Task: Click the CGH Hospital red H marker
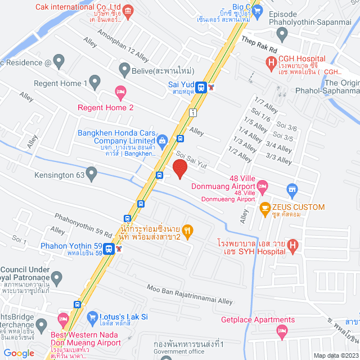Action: click(272, 62)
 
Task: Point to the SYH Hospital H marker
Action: click(292, 245)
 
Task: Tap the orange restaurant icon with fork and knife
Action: click(188, 229)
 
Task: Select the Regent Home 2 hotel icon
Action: click(120, 91)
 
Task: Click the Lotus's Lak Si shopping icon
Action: click(93, 317)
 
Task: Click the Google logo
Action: click(19, 353)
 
